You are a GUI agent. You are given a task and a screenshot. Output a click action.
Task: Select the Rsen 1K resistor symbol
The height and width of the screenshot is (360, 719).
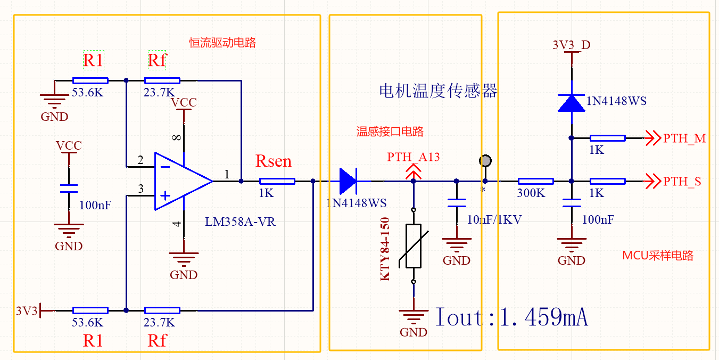(x=277, y=181)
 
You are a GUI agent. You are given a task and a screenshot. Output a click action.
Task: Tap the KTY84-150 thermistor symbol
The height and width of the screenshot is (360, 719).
(x=413, y=246)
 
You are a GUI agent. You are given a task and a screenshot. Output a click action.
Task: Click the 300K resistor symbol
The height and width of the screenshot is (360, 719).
(x=536, y=181)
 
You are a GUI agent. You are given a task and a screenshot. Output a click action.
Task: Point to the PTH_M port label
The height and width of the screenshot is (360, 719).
(x=684, y=138)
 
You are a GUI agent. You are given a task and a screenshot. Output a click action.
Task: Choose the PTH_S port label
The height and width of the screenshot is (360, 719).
(x=682, y=182)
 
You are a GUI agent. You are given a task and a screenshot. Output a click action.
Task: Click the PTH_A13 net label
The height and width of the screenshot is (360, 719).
(x=413, y=157)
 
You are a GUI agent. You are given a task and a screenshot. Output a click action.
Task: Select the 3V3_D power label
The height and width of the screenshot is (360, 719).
(x=572, y=45)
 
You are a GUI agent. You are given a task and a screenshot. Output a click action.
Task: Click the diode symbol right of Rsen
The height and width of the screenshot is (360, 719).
(x=348, y=181)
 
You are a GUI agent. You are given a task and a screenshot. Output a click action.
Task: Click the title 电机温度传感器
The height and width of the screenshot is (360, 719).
(x=437, y=91)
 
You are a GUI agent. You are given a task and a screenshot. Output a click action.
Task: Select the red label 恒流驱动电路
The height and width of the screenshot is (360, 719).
(x=222, y=43)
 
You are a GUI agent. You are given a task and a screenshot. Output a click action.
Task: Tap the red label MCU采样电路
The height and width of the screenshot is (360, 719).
(x=658, y=255)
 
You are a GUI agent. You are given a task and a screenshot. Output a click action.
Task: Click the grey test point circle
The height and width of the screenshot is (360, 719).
(x=485, y=160)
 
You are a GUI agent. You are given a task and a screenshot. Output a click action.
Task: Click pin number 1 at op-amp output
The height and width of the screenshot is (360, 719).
(x=227, y=174)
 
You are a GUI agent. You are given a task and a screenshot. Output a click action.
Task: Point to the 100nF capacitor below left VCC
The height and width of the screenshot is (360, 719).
(x=69, y=189)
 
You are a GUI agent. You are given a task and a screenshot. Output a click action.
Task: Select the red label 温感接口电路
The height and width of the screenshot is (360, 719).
(x=390, y=132)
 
